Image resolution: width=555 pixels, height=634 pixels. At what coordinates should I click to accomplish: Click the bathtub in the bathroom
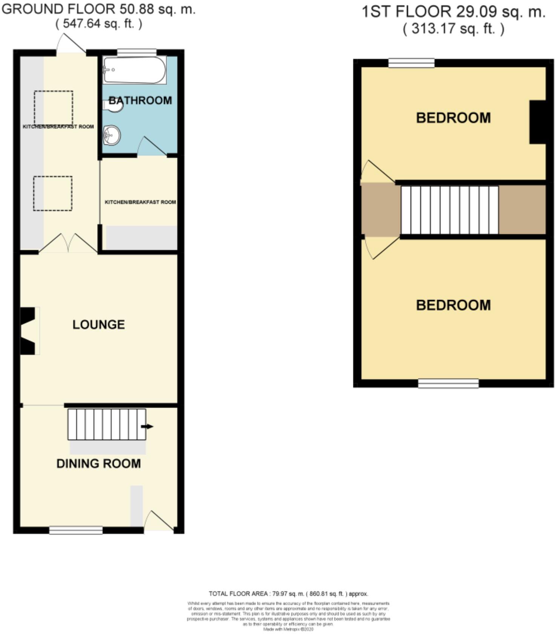(x=135, y=70)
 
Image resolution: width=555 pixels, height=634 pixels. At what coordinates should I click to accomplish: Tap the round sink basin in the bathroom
(x=112, y=135)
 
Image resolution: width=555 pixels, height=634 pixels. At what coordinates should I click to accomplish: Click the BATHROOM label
(x=140, y=100)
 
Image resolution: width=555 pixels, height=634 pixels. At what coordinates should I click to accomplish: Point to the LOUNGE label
(x=98, y=325)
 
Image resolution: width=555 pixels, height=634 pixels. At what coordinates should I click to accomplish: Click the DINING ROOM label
(x=98, y=463)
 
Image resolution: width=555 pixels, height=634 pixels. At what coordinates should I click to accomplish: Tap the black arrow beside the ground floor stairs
(x=147, y=426)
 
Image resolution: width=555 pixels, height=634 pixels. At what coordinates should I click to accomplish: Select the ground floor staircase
(x=107, y=424)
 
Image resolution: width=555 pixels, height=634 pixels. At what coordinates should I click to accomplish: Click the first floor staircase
(x=449, y=210)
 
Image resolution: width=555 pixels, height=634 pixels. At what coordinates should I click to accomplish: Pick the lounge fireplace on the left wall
(x=29, y=331)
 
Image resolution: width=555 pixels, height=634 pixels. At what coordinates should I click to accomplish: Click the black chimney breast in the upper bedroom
(x=538, y=122)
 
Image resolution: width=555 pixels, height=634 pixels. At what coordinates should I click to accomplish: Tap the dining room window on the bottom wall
(x=76, y=530)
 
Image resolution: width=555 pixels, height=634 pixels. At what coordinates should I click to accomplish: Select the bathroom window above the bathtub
(x=136, y=52)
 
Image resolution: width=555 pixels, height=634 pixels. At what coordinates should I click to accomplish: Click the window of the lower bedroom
(x=448, y=383)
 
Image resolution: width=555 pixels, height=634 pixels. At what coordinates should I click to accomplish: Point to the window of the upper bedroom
(x=411, y=63)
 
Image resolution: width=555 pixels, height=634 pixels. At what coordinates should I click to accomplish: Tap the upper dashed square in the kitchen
(x=54, y=108)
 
